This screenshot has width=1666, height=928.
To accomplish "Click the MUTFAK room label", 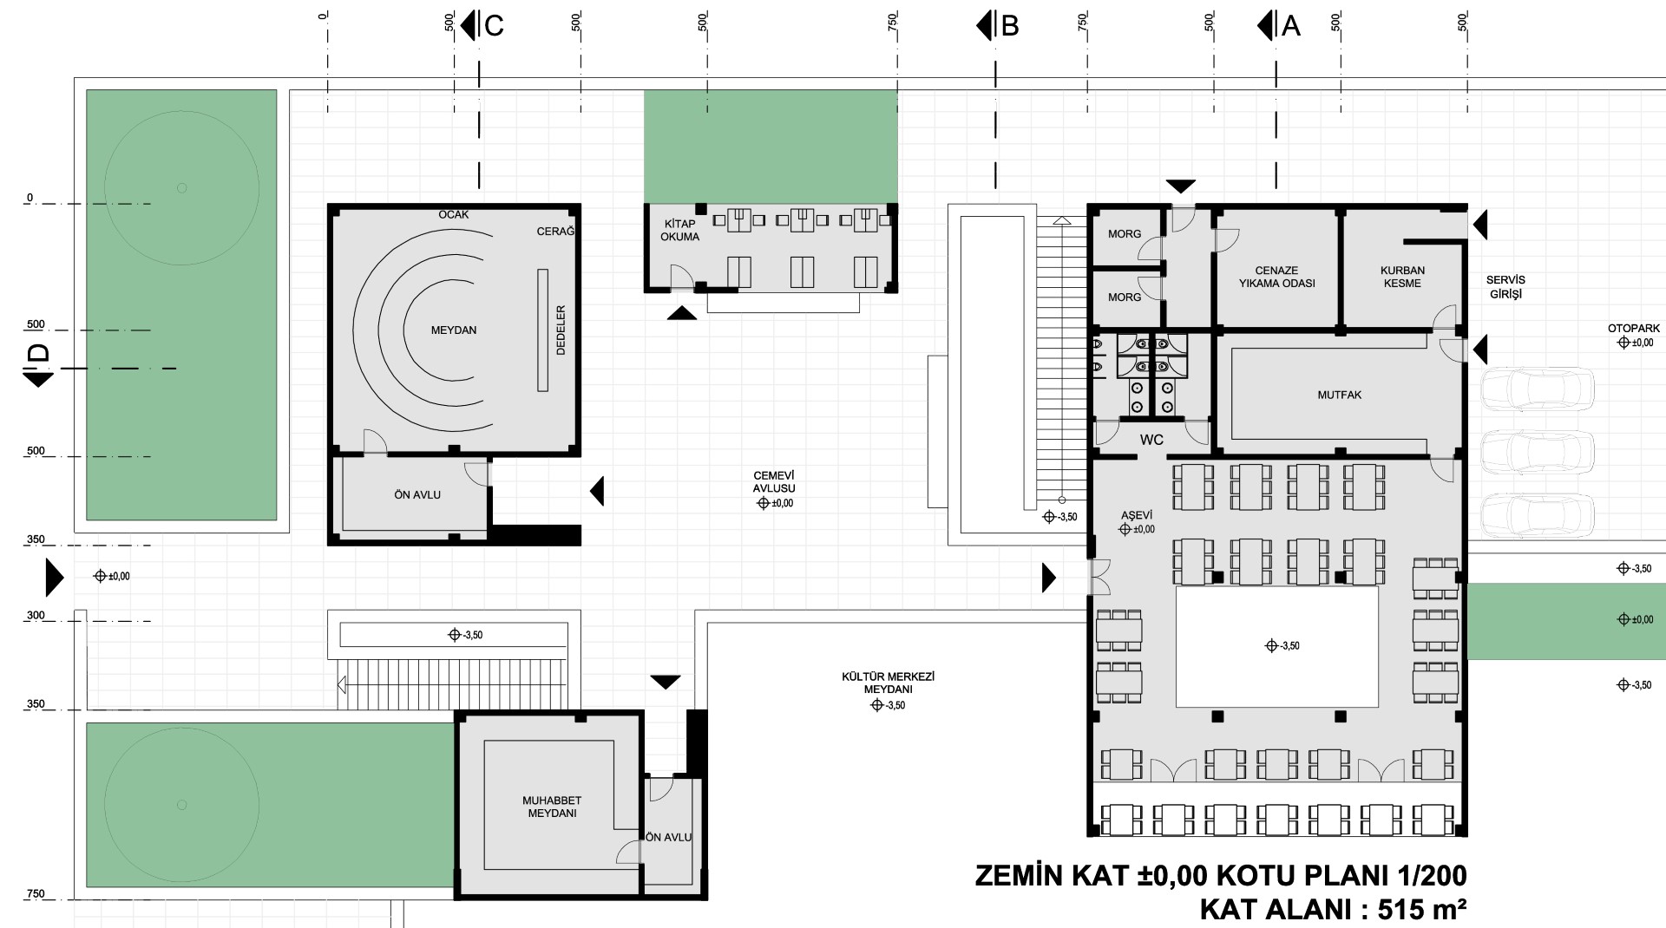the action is (1339, 395).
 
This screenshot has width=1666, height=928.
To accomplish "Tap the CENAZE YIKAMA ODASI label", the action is (1276, 277).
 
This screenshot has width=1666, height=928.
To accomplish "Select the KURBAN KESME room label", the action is (1402, 277).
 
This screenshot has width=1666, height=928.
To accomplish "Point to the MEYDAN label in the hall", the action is (454, 330).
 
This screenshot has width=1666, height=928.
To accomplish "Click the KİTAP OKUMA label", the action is (679, 230).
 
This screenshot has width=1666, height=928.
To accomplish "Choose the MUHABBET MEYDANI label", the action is (552, 807).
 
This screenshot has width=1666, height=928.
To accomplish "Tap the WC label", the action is (1151, 440).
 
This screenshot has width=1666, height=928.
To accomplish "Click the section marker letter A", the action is (1291, 26).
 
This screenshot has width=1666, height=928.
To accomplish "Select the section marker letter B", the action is (1009, 26).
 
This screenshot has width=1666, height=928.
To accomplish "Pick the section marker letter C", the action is (494, 26).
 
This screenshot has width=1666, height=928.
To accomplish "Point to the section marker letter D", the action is (39, 353).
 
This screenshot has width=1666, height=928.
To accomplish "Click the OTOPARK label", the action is (1634, 329).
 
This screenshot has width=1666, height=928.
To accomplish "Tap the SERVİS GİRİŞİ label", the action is (1505, 287).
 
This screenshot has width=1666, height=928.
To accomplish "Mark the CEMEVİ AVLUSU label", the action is (774, 481).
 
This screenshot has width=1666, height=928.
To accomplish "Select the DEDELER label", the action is (561, 330).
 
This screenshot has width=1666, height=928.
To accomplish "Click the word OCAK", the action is (454, 214).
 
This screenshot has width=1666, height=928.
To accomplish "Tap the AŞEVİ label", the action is (1136, 515).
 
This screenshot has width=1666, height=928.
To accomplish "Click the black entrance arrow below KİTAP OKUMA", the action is (682, 313).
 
